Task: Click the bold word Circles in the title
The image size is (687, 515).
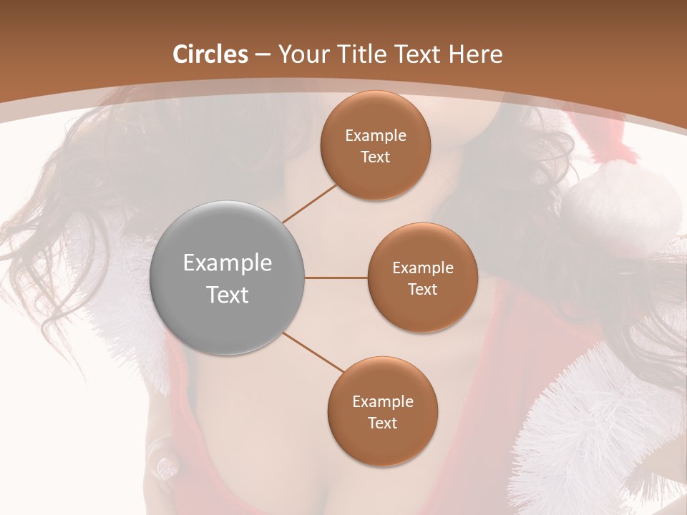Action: (210, 54)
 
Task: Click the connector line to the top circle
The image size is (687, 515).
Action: (310, 203)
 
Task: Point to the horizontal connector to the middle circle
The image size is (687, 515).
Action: (336, 278)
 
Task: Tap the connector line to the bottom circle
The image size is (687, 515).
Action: (313, 353)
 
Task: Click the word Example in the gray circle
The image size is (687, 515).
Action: (228, 263)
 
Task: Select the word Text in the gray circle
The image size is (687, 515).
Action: (228, 295)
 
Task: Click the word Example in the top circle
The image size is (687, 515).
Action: (376, 136)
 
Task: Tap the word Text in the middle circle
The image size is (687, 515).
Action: (422, 290)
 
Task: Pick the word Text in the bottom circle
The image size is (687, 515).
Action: (382, 423)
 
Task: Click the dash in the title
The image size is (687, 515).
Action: (263, 55)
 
